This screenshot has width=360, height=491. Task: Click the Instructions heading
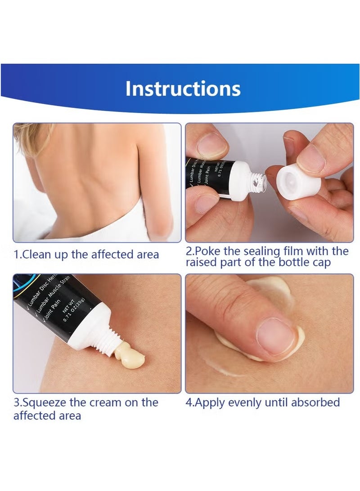click(x=183, y=89)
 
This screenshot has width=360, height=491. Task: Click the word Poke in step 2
click(x=207, y=251)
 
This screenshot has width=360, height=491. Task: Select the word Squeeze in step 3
click(x=44, y=402)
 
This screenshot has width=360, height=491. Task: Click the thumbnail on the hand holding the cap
click(x=310, y=155)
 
